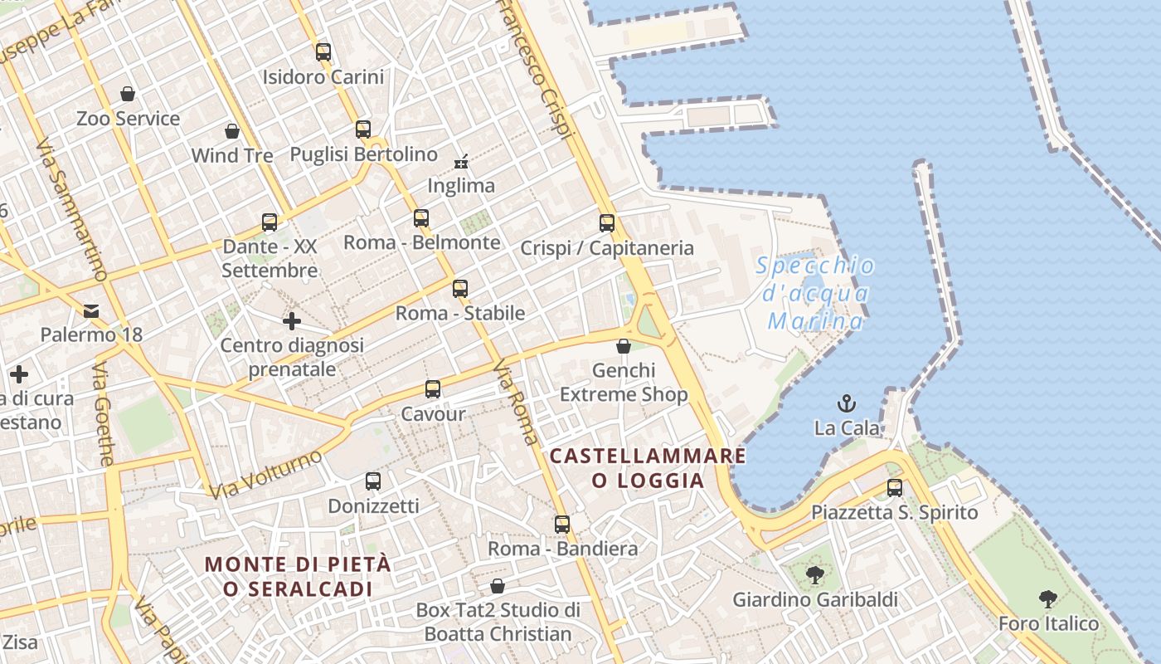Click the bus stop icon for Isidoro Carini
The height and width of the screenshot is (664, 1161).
pyautogui.click(x=323, y=52)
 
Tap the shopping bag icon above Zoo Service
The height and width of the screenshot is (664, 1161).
pyautogui.click(x=128, y=94)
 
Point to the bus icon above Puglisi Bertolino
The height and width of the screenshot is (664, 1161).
pyautogui.click(x=363, y=129)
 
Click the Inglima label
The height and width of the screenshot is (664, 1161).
pyautogui.click(x=461, y=185)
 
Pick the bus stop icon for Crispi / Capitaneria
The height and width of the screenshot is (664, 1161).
pyautogui.click(x=607, y=223)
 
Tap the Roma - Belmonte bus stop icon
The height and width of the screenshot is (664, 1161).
pyautogui.click(x=421, y=218)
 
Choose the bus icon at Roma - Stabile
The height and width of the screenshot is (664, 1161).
pyautogui.click(x=460, y=289)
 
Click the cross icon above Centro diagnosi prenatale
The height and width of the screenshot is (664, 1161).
pyautogui.click(x=292, y=321)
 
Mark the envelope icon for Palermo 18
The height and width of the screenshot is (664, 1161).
pyautogui.click(x=91, y=311)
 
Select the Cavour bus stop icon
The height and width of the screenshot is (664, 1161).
pyautogui.click(x=433, y=389)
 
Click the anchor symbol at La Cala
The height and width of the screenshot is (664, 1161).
pyautogui.click(x=847, y=404)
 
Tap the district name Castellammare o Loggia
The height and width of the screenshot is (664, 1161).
pyautogui.click(x=648, y=468)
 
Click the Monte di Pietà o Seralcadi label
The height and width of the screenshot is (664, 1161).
pyautogui.click(x=298, y=576)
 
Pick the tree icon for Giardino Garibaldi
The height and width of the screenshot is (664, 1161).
pyautogui.click(x=815, y=574)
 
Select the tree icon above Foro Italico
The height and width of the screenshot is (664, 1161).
pyautogui.click(x=1048, y=599)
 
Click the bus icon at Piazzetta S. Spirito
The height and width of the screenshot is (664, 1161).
pyautogui.click(x=895, y=488)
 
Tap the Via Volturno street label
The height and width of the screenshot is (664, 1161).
pyautogui.click(x=265, y=475)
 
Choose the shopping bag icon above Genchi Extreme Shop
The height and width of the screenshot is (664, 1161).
pyautogui.click(x=624, y=346)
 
